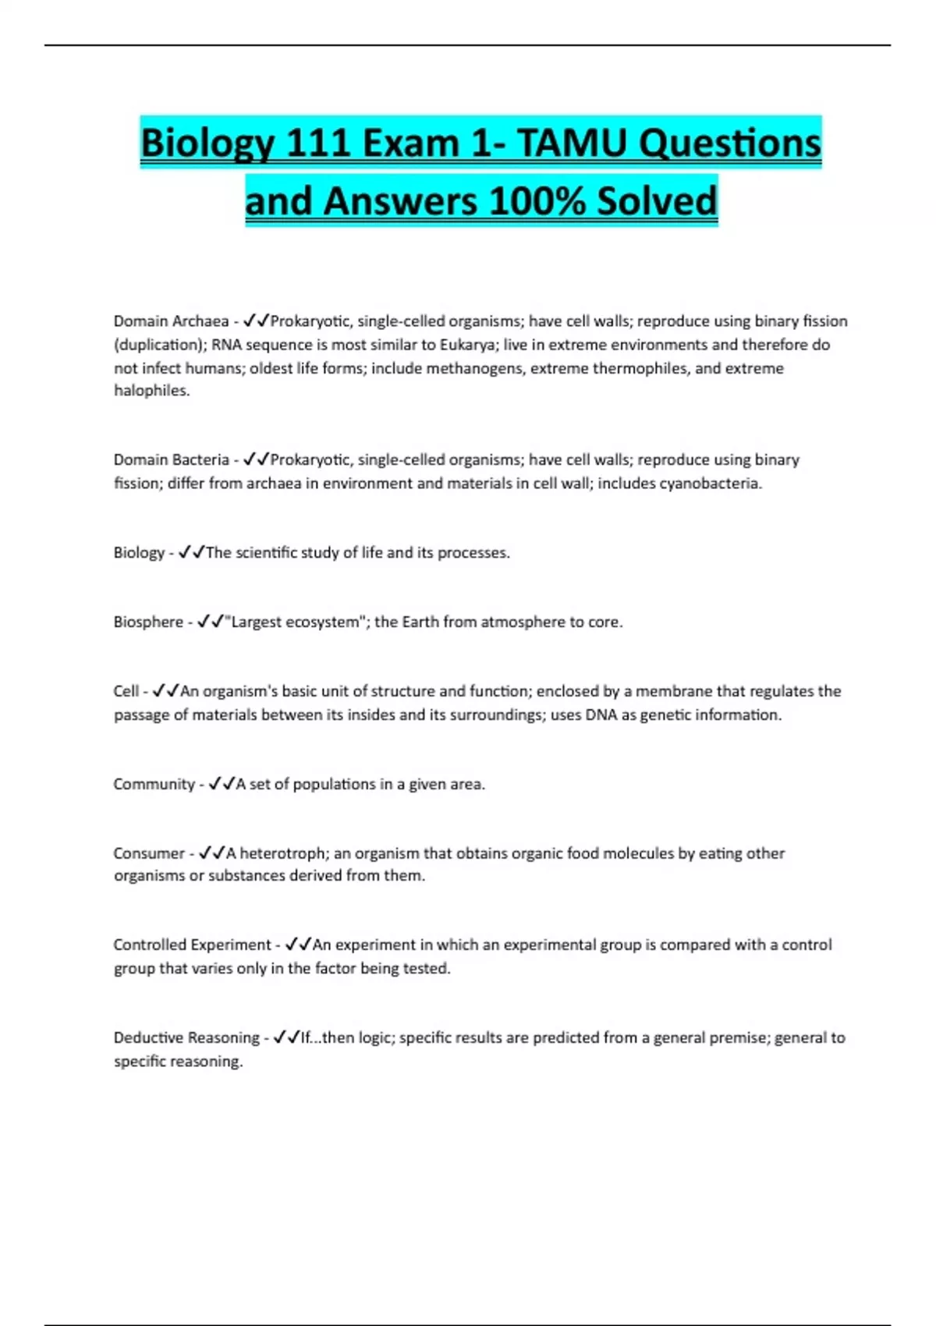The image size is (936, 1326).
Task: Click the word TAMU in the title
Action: [x=572, y=144]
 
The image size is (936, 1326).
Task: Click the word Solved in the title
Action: [x=657, y=201]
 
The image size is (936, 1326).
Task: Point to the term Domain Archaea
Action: [x=171, y=321]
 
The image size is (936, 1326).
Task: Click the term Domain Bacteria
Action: [x=171, y=460]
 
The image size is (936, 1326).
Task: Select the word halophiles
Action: [x=151, y=391]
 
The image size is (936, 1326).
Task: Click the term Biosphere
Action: [x=148, y=622]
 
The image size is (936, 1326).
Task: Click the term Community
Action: [x=154, y=785]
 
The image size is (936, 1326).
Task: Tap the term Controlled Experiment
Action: [x=192, y=945]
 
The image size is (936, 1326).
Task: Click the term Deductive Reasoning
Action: [x=186, y=1038]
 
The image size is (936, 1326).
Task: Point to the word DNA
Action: [x=601, y=715]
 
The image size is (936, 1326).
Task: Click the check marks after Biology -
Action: [x=191, y=553]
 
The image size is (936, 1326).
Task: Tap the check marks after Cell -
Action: [x=165, y=692]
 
